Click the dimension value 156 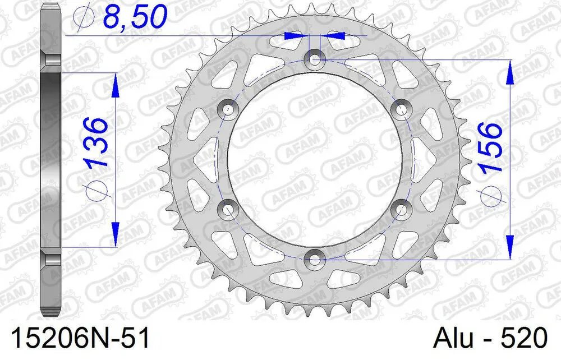pyautogui.click(x=489, y=148)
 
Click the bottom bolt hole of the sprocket pyautogui.click(x=314, y=259)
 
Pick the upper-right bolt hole pyautogui.click(x=401, y=108)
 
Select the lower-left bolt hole pyautogui.click(x=228, y=209)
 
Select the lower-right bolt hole pyautogui.click(x=401, y=209)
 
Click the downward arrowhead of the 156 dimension pyautogui.click(x=509, y=247)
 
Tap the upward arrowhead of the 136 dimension pyautogui.click(x=115, y=84)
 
